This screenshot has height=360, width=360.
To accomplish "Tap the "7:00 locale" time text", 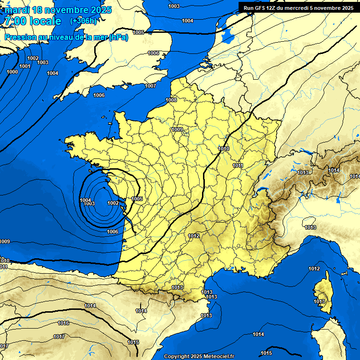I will coord(33,21).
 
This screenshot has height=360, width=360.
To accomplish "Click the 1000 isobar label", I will coord(12,72).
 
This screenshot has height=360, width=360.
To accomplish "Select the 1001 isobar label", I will coord(25,66).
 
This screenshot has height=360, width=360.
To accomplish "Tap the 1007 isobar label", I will coord(150,86).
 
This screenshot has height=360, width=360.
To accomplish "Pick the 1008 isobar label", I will coord(171,100).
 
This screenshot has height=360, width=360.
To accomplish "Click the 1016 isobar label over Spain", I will coord(63,323).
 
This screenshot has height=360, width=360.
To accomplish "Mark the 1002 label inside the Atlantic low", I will coord(113,203).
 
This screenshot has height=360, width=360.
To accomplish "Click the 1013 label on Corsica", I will coord(319,301).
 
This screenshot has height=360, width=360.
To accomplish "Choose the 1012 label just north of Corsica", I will coord(314,269).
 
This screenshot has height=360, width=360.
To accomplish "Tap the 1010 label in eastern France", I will coord(224,149).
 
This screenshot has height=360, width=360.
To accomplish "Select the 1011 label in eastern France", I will coord(238,165).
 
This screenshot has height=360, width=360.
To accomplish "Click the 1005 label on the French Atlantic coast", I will coord(137,199).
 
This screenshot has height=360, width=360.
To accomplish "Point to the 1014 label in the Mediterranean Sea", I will coord(258,334).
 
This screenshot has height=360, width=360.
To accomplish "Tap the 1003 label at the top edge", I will coord(173,6).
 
